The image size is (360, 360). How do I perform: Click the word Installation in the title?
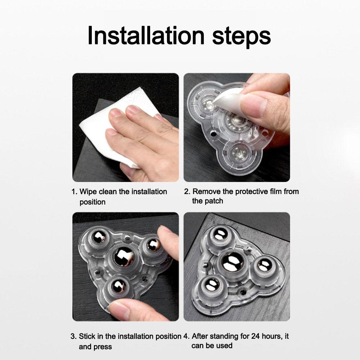(146, 36)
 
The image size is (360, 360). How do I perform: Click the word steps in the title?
(242, 37)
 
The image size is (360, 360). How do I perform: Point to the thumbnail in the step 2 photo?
(255, 105)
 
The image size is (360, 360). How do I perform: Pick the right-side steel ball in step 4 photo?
(264, 265)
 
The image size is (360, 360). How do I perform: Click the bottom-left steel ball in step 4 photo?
(211, 285)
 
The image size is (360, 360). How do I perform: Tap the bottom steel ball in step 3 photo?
(118, 286)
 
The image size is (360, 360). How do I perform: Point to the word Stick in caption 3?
(87, 336)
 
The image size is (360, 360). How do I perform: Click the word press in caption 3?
(104, 347)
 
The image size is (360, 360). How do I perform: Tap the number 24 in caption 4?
(256, 336)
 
